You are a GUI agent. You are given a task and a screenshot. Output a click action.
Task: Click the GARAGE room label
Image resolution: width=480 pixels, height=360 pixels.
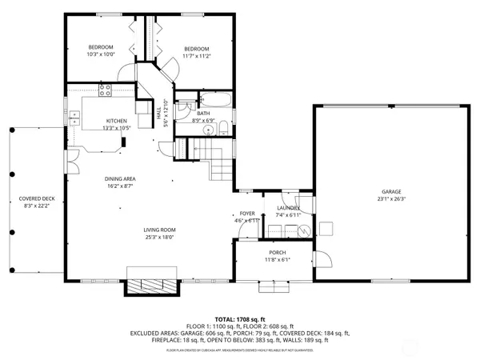[x=390, y=192]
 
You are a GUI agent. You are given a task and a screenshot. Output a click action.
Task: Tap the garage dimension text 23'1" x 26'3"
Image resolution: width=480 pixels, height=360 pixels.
[x=390, y=199]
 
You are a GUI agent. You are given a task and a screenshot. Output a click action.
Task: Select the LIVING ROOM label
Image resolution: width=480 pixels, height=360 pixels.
[x=160, y=230]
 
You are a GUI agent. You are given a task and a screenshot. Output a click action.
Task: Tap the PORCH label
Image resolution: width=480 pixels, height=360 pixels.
[x=277, y=253]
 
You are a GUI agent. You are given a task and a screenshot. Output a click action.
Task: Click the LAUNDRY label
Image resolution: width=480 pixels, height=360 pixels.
[x=288, y=208]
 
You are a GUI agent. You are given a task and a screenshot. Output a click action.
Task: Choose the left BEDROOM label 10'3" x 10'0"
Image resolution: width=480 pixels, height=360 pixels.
[x=101, y=47]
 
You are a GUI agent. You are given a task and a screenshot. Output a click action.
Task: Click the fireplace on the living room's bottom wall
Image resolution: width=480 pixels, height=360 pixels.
[x=150, y=286]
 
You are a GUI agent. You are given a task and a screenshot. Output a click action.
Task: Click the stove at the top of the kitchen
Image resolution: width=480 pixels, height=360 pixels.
[x=105, y=88]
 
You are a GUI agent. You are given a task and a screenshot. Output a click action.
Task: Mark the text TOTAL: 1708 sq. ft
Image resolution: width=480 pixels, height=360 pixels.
[x=240, y=318]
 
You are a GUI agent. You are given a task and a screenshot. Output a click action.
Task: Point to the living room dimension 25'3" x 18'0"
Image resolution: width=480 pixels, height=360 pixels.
[x=160, y=238]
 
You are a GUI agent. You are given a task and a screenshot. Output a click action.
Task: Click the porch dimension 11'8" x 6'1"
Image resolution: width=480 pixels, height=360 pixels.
[x=277, y=260]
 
